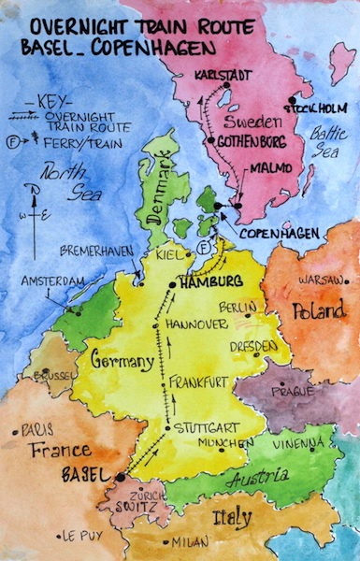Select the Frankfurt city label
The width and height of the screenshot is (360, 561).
click(199, 381)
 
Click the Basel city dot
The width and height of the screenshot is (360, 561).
click(120, 477)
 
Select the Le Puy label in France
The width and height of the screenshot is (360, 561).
click(82, 536)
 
